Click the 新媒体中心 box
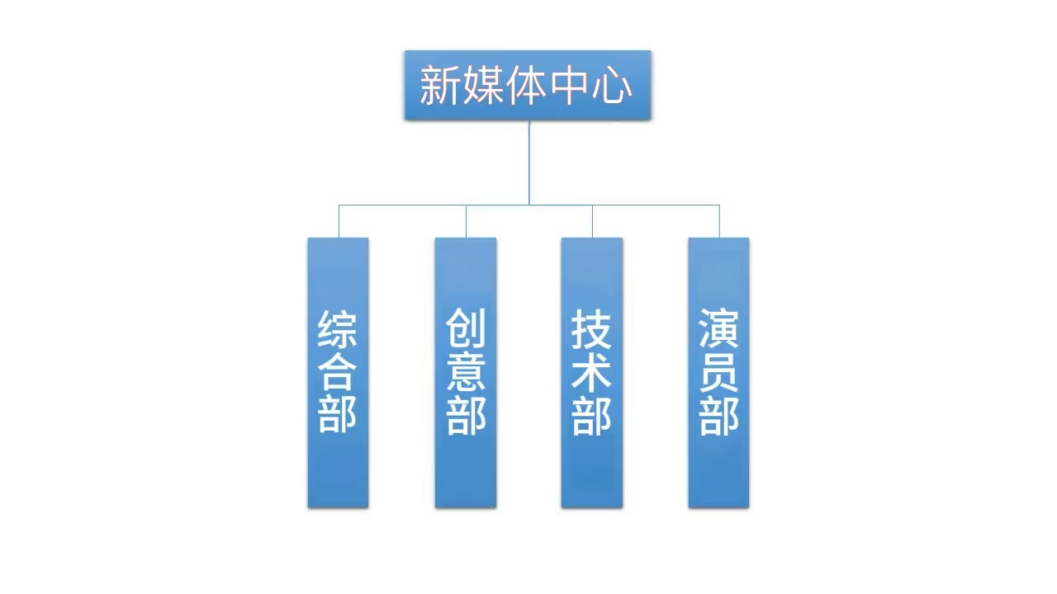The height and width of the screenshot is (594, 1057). (x=528, y=85)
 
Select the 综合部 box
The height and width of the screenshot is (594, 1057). (x=338, y=373)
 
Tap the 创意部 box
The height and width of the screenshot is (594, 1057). (x=466, y=373)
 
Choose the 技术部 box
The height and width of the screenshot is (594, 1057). (x=592, y=373)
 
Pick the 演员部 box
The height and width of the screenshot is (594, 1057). (x=718, y=373)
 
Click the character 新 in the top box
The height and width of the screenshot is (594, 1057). (x=439, y=85)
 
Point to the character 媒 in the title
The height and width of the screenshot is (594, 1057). (x=482, y=85)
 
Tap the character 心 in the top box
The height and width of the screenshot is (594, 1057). (x=612, y=85)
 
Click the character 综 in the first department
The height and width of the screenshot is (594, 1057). (x=338, y=329)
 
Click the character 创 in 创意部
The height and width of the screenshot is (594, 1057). (x=466, y=329)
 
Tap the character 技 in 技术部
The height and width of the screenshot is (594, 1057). (x=592, y=329)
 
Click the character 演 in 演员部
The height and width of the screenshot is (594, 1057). (x=718, y=329)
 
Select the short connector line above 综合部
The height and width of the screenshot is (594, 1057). (x=339, y=221)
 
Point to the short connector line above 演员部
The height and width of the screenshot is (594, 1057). (x=719, y=221)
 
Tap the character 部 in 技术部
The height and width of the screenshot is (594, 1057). (x=592, y=415)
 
